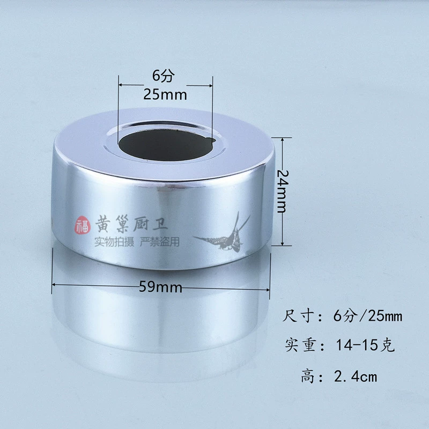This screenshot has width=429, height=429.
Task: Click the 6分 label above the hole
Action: [x=164, y=75]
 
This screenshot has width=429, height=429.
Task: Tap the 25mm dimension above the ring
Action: [x=165, y=95]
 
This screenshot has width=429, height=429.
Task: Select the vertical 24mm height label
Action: [x=283, y=191]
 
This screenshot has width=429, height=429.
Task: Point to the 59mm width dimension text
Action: [x=160, y=287]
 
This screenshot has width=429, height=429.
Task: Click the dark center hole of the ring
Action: [x=167, y=145]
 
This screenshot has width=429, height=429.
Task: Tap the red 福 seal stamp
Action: [x=83, y=225]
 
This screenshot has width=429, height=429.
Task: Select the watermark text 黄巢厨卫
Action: [x=131, y=224]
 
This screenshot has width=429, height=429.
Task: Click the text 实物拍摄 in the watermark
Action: [x=114, y=242]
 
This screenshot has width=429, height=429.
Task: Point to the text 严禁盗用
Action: [x=160, y=242]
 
